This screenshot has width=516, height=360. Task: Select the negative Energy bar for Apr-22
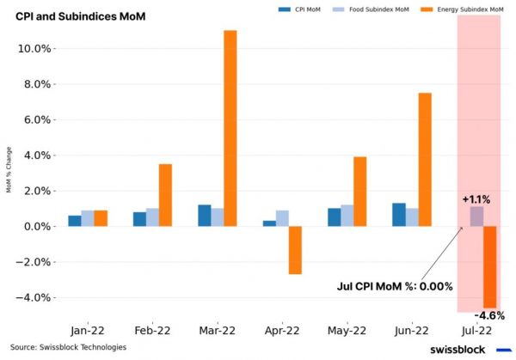295,250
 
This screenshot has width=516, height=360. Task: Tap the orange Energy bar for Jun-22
424,159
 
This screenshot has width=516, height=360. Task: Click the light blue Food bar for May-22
347,216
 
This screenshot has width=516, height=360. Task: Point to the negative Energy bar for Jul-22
489,266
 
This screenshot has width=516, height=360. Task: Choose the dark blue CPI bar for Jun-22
398,215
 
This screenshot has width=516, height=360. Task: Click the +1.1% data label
476,199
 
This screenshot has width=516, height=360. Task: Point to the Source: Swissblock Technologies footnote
69,347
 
